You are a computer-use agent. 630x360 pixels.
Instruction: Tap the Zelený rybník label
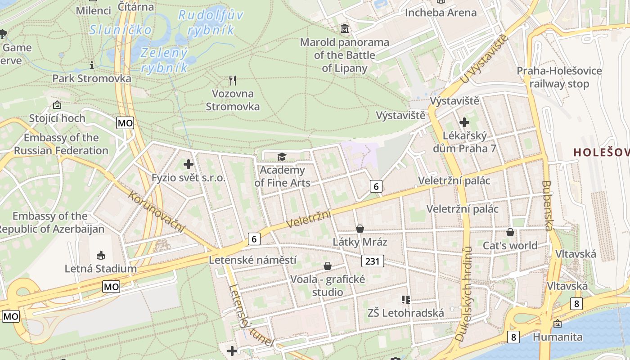point(164,60)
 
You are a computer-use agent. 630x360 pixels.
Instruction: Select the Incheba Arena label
point(441,13)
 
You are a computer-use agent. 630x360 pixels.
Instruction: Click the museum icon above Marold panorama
point(345,29)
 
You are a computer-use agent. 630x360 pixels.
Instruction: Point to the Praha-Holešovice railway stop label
point(559,77)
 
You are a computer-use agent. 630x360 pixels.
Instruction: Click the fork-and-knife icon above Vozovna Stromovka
point(233,81)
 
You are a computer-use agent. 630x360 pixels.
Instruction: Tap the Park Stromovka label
point(92,78)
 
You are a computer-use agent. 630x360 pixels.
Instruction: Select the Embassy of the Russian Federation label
point(61,144)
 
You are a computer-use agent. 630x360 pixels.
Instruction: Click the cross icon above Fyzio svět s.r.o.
point(189,164)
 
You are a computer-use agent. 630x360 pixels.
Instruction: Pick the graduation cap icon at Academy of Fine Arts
point(282,157)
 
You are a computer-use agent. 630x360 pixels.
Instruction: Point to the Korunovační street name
point(157,212)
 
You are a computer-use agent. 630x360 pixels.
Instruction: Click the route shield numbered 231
point(373,261)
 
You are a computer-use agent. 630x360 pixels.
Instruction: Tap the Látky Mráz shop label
point(360,242)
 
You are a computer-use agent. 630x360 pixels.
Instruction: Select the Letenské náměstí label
point(253,260)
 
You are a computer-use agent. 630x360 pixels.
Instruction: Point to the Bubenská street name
point(548,205)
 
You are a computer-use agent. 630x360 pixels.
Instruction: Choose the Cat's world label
point(510,245)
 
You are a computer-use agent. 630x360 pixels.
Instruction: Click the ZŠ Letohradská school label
point(406,313)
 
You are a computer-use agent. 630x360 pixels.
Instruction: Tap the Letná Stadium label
point(101,269)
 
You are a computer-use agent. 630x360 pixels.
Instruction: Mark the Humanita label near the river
point(558,337)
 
